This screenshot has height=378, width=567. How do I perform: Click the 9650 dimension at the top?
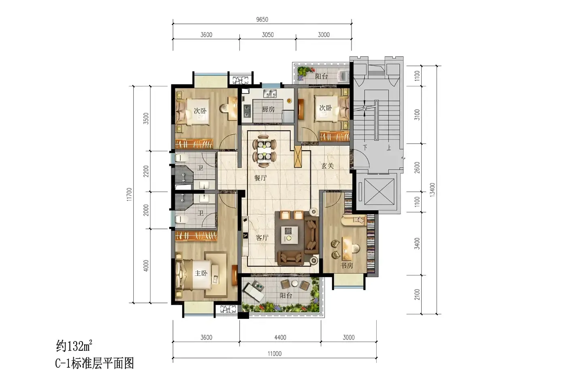[262, 19]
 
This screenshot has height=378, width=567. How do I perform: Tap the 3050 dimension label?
[268, 35]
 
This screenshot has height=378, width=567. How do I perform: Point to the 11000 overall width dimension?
[275, 354]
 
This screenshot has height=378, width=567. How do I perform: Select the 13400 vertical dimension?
[432, 190]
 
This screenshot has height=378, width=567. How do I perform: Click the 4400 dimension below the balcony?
[280, 337]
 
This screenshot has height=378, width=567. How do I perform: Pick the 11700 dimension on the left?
[129, 194]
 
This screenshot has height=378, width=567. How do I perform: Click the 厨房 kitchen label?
[268, 109]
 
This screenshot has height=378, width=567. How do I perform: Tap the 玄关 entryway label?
[328, 166]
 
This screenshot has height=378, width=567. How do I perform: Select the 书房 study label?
[347, 265]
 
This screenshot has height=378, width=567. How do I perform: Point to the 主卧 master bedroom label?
[201, 273]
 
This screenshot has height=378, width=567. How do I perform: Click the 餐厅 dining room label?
[260, 178]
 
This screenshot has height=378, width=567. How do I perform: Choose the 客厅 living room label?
[262, 237]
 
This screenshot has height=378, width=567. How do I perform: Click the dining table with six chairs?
[264, 151]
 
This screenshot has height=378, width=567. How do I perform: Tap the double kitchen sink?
[270, 94]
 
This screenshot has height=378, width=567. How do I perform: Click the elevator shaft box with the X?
[379, 192]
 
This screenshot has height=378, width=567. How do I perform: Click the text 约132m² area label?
[74, 346]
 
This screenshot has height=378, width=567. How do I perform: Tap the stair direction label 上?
[388, 147]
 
